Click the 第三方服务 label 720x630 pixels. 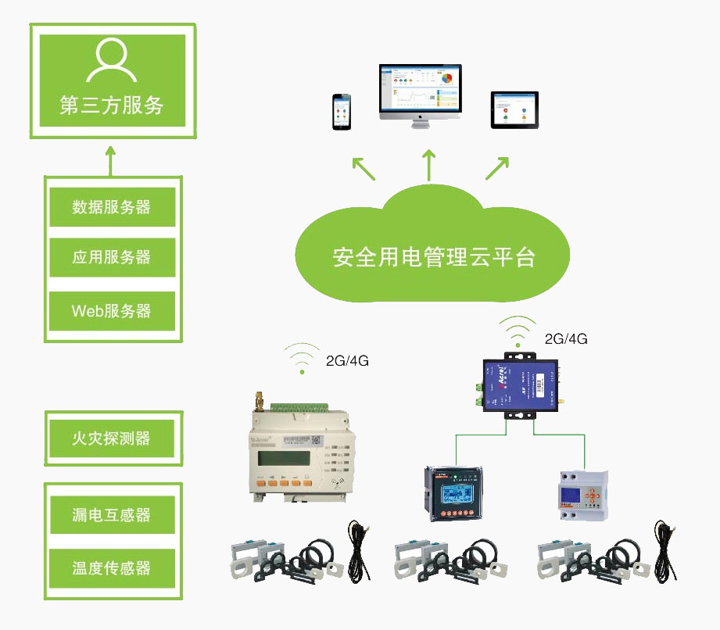(x=112, y=106)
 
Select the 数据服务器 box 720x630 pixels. (x=112, y=207)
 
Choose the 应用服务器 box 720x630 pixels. (x=112, y=257)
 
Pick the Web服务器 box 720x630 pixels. (x=112, y=310)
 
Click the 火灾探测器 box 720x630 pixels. (x=112, y=438)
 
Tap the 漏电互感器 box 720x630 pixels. (x=112, y=516)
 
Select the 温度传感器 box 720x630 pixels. (x=112, y=568)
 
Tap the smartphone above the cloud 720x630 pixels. (x=342, y=113)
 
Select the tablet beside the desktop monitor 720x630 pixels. (x=515, y=109)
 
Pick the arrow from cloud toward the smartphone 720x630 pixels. (x=363, y=168)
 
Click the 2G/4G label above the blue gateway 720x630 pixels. (x=566, y=339)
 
